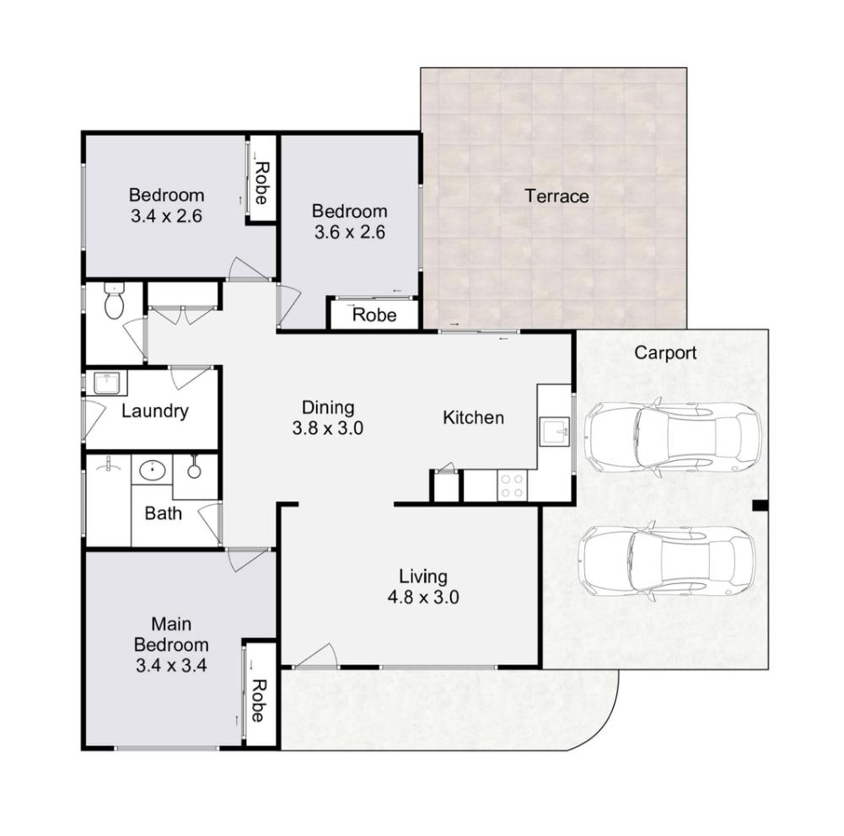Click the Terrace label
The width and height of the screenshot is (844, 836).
(x=556, y=196)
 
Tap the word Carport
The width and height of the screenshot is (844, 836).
(x=665, y=352)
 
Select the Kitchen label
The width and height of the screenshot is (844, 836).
(x=473, y=417)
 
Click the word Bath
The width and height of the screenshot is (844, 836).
(x=163, y=512)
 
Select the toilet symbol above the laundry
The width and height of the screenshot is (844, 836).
(x=114, y=302)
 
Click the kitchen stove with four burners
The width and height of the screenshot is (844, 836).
(x=512, y=486)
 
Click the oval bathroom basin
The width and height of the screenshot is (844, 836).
(x=152, y=469)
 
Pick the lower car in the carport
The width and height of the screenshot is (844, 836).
(x=665, y=562)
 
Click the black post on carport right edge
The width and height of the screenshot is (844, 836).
(x=760, y=506)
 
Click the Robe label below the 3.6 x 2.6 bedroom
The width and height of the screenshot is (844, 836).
(x=374, y=316)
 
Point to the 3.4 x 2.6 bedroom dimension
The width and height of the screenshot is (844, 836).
(x=166, y=216)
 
